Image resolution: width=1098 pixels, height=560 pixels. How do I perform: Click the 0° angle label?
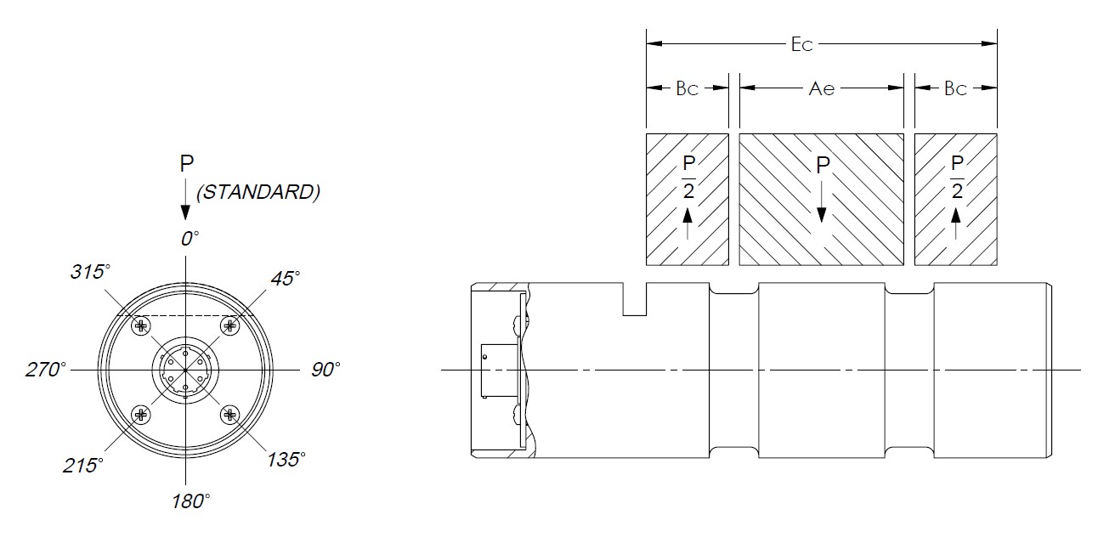coord(190,238)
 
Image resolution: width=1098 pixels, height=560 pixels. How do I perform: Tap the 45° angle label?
coord(286,279)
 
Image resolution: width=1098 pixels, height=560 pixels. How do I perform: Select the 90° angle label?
coord(325,370)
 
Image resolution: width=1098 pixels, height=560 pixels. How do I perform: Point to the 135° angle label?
coord(286,460)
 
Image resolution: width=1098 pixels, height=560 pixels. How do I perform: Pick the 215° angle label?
coord(83,465)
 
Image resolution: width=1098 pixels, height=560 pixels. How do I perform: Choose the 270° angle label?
coord(46,370)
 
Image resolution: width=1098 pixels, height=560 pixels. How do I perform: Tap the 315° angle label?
coord(91,272)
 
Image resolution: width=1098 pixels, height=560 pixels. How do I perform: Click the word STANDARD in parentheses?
coord(258,193)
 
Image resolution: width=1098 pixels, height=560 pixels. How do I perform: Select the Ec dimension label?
coord(802,45)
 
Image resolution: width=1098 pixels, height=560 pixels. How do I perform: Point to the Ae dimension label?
coord(822,88)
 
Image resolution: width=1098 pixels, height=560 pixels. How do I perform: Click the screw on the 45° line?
coord(229,325)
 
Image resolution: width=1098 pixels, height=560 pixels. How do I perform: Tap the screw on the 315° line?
coord(141,325)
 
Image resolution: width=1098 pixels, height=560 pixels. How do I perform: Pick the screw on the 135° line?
coord(229,415)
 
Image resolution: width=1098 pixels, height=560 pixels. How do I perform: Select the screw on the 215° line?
coord(141,415)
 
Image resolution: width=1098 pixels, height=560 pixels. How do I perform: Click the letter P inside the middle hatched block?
coord(822,166)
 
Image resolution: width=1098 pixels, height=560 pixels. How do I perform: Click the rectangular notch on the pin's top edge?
coord(635,300)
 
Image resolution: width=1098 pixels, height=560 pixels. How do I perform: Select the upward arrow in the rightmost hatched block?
coord(956,224)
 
